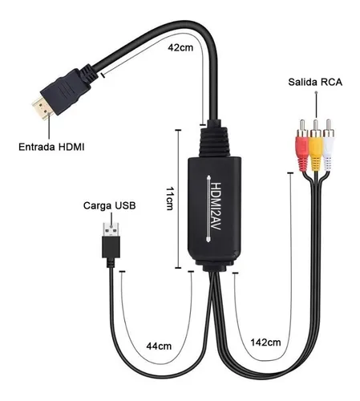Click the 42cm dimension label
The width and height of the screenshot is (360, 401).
[x=180, y=47]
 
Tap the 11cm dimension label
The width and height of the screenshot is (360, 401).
[x=170, y=198]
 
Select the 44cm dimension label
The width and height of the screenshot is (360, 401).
[x=159, y=346]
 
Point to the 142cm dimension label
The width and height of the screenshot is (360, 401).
[x=265, y=342]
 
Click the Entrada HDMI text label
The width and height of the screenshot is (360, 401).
[x=51, y=147]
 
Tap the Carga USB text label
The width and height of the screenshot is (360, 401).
[x=110, y=205]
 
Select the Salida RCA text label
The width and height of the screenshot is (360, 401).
[x=315, y=82]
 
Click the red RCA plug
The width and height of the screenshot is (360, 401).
[x=302, y=146]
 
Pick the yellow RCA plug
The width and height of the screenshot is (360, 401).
[x=316, y=146]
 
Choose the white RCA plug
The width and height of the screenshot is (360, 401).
[x=329, y=146]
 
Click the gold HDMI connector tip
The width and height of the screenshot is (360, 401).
[x=42, y=108]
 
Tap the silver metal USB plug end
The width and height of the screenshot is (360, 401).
[x=111, y=229]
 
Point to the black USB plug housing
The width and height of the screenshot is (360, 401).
[x=111, y=247]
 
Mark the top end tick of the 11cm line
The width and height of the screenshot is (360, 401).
[x=178, y=130]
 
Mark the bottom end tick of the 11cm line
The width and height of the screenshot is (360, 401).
[x=178, y=268]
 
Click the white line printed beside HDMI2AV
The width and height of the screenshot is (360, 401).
[x=208, y=209]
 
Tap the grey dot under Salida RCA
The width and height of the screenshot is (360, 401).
[x=317, y=92]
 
